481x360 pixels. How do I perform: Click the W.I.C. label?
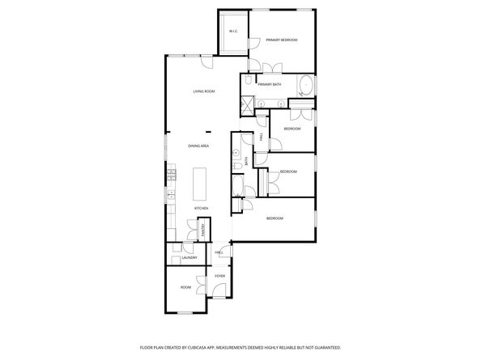point(232,32)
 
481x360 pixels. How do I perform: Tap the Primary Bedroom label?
point(282,40)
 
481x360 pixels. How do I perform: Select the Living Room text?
point(203,91)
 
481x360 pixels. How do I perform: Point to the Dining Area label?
point(198,146)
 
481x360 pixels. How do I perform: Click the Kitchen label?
point(201,209)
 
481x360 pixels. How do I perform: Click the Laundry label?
point(189,258)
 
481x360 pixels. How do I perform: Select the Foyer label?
point(219,277)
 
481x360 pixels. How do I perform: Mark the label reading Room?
point(185,287)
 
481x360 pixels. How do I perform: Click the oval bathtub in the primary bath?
point(304,86)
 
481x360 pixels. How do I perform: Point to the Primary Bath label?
point(269,84)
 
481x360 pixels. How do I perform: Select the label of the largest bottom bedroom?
point(275,218)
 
